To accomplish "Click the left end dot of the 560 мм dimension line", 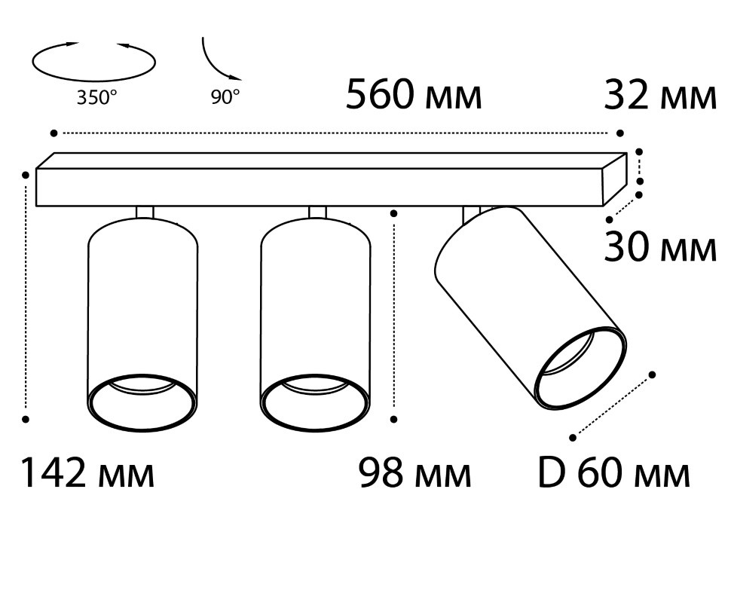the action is coord(54,133).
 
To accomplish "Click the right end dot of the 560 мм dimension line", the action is coord(620,133).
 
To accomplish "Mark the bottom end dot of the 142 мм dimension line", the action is coord(26,420).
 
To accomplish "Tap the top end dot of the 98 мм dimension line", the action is coord(394,213).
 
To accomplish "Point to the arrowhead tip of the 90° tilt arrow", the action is coord(241,79).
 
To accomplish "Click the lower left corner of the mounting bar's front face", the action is coord(36,206).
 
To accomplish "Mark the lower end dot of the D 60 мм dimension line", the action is coord(573,437).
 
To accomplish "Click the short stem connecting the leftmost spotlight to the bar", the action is coord(145,212).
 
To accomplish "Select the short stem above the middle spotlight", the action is coord(317,212).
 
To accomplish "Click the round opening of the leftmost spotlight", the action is coord(142,402).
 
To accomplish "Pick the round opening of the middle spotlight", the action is coord(316,402).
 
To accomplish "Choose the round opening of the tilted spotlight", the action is coord(581,368).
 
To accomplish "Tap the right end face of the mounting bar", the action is coord(615,179).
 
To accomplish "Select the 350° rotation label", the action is coord(97,98).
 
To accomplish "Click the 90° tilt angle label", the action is coord(225,97).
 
